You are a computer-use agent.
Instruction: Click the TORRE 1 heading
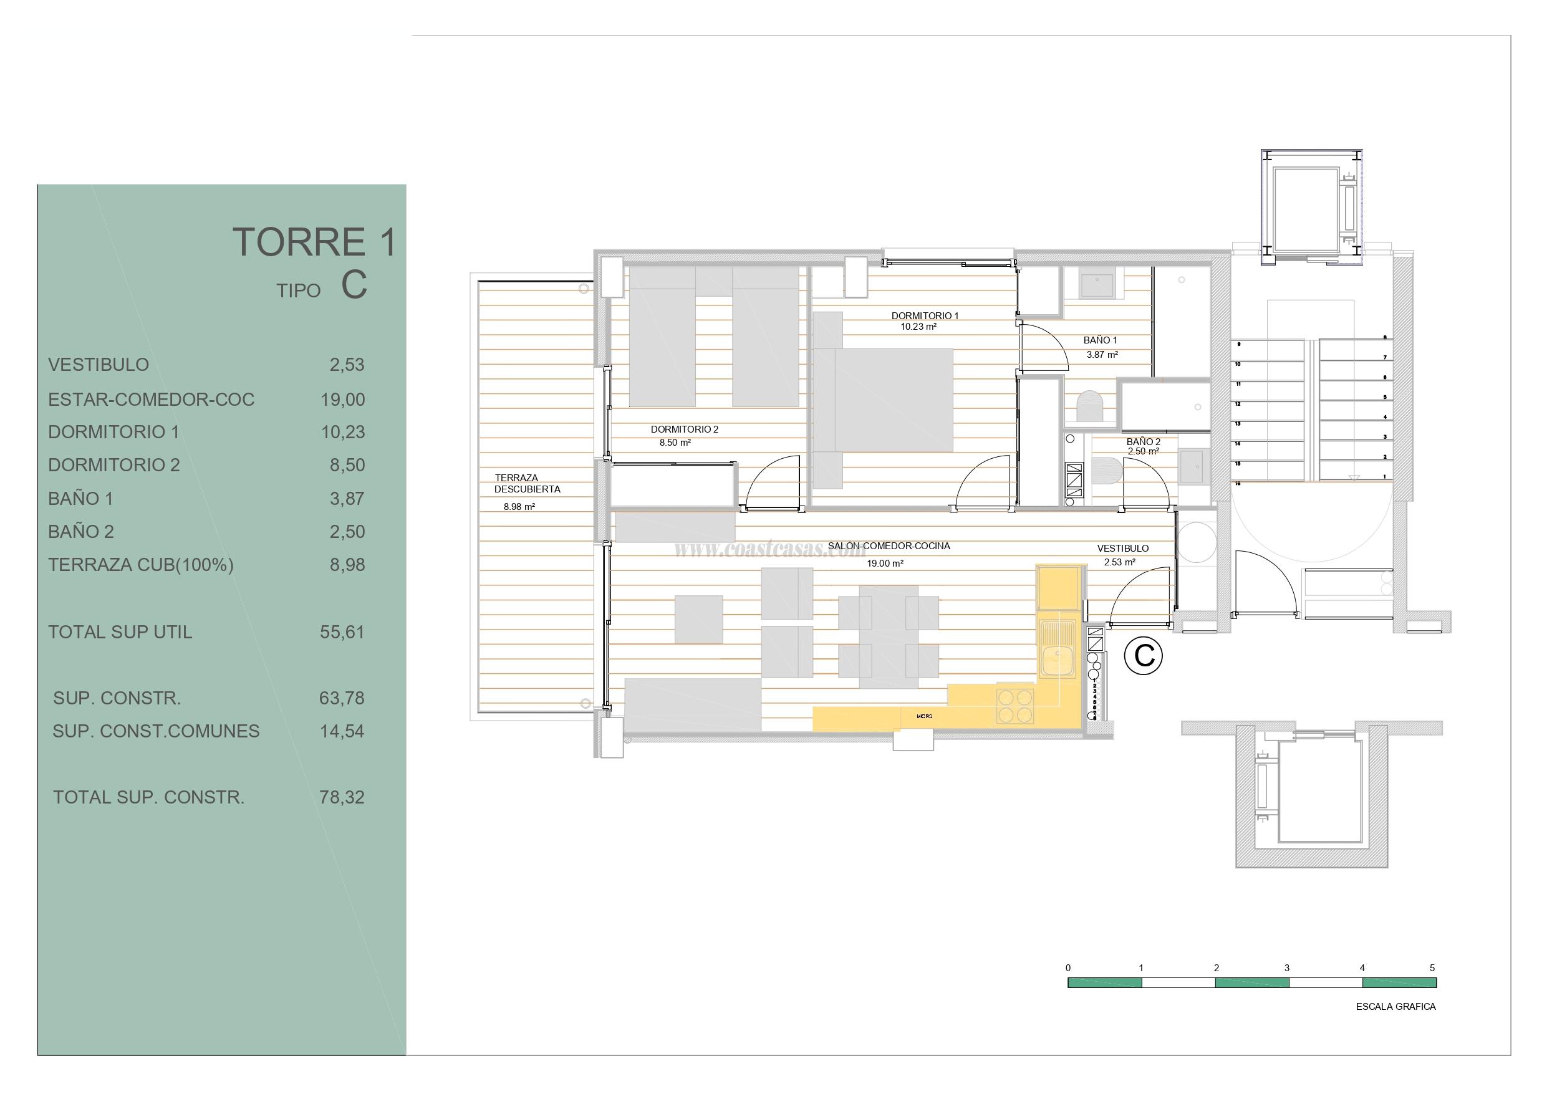[314, 242]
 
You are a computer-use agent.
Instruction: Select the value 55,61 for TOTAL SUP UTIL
[342, 632]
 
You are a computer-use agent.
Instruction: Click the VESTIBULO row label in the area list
[99, 365]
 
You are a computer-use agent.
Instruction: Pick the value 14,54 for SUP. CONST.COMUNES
[342, 731]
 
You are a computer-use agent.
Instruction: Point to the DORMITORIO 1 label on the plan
[925, 315]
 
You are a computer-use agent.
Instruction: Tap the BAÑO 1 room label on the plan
[1101, 340]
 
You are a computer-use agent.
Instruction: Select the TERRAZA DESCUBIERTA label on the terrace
[527, 484]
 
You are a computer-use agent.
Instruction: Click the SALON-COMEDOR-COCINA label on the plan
[889, 545]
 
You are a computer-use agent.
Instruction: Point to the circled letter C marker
[1144, 655]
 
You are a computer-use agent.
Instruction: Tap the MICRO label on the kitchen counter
[925, 716]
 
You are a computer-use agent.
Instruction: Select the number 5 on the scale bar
[1432, 968]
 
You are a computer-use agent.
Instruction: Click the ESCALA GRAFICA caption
[1395, 1007]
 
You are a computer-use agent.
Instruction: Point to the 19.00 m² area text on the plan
[885, 564]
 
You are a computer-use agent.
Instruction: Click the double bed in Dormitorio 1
[894, 400]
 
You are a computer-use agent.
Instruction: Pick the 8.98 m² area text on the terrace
[519, 507]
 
